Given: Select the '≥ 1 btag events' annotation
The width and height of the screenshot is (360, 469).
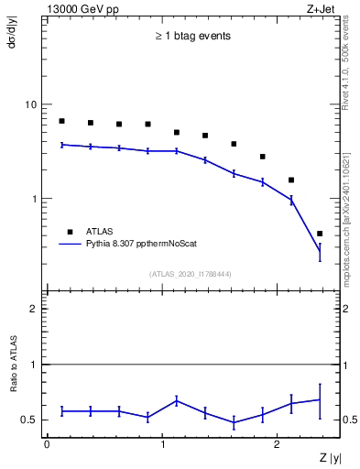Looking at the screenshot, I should pyautogui.click(x=191, y=37).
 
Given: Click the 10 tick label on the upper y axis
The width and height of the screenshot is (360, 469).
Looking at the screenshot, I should pyautogui.click(x=31, y=104).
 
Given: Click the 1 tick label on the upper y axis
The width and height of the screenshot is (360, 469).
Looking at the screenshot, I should pyautogui.click(x=34, y=198).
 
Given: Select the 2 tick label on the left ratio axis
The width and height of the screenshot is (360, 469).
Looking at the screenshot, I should pyautogui.click(x=34, y=309).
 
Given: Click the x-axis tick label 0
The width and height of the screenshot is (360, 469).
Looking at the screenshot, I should pyautogui.click(x=47, y=442).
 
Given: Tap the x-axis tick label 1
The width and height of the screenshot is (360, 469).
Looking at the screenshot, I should pyautogui.click(x=163, y=442).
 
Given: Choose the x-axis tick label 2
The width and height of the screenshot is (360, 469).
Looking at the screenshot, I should pyautogui.click(x=278, y=442).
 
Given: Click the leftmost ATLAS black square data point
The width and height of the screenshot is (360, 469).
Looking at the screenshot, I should pyautogui.click(x=61, y=121).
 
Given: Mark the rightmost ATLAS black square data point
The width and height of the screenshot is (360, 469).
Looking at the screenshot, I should pyautogui.click(x=320, y=234).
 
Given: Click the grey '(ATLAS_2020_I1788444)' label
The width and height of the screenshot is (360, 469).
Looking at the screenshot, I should pyautogui.click(x=191, y=274).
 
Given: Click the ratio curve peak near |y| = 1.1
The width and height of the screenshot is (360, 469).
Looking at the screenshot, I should pyautogui.click(x=177, y=399).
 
